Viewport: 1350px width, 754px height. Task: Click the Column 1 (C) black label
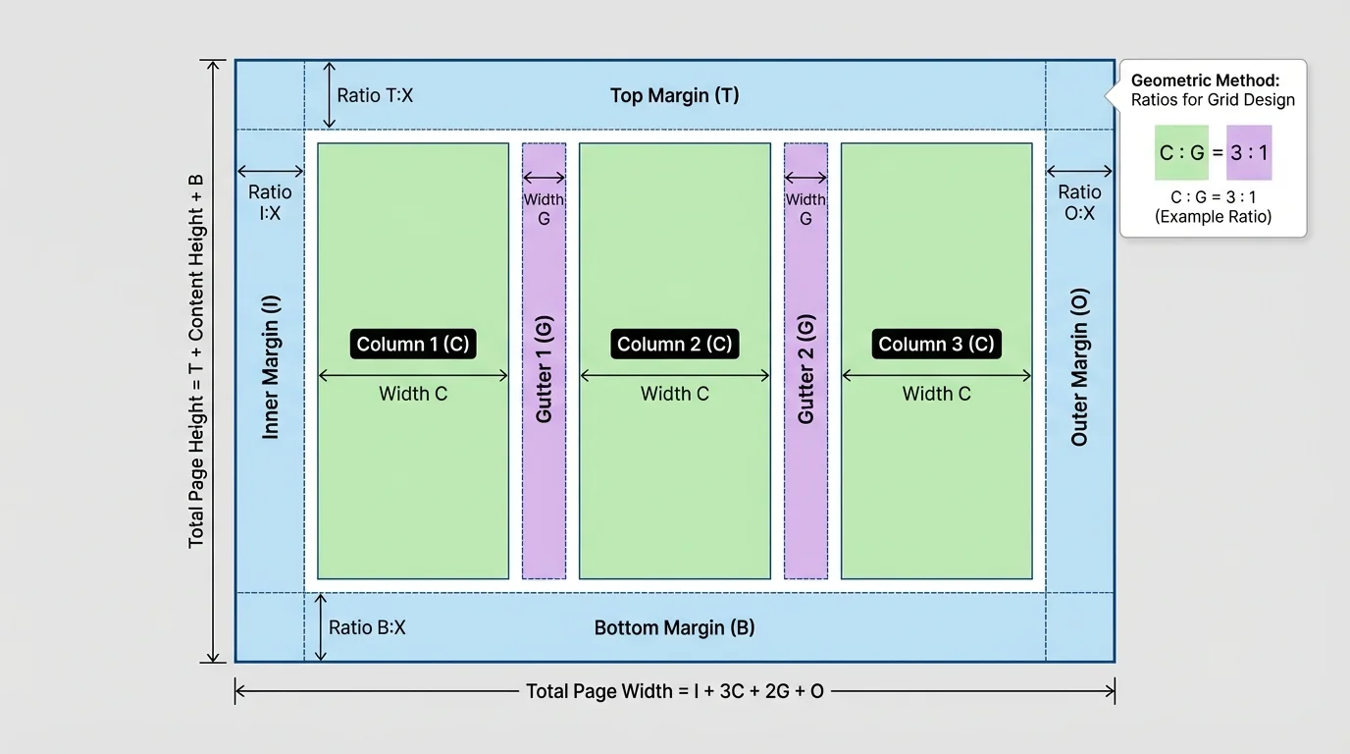click(413, 344)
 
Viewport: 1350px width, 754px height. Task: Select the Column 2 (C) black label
click(674, 344)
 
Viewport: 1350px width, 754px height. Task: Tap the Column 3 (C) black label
click(936, 344)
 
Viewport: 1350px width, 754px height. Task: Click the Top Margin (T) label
click(674, 95)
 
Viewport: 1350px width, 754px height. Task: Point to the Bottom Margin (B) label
click(674, 627)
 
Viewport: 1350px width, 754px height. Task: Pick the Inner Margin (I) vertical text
click(271, 367)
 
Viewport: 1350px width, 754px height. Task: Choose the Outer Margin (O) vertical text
click(1079, 367)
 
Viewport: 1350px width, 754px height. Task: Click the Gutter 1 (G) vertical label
click(545, 368)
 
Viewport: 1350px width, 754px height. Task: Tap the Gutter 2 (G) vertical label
click(805, 368)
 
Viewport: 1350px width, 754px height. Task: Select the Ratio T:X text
click(375, 95)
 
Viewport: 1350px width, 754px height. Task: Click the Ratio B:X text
click(367, 627)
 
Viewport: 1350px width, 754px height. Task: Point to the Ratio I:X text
click(270, 202)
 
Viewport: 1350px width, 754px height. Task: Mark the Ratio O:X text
click(1079, 202)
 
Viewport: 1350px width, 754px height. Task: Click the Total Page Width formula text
click(674, 691)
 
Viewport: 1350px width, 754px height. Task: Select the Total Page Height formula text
click(196, 360)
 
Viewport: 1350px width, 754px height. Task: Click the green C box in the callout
click(1181, 152)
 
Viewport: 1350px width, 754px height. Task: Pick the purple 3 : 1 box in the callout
click(1249, 152)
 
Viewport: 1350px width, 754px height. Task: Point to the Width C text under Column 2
click(674, 394)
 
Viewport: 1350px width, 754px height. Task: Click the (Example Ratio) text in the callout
click(1213, 216)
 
